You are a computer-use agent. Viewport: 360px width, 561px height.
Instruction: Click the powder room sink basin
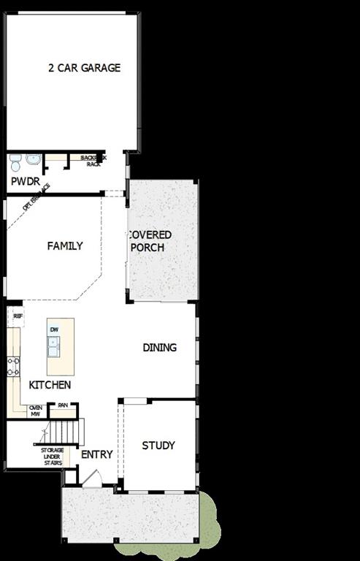(33, 159)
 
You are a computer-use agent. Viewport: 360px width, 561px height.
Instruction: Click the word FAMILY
(65, 246)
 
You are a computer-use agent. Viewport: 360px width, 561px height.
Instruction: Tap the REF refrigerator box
(18, 316)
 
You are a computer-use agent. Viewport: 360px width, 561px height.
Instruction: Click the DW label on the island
(54, 330)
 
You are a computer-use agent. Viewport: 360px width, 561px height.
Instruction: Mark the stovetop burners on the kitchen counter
(12, 365)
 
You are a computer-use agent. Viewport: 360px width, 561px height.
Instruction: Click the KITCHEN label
(50, 385)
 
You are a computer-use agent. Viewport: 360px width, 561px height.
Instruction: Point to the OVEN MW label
(35, 411)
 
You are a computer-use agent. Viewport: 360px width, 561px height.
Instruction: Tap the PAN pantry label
(63, 405)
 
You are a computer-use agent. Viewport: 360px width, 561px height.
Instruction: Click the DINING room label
(159, 348)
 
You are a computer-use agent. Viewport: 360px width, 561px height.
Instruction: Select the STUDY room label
(158, 446)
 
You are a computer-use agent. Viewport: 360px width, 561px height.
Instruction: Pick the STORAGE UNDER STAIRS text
(52, 456)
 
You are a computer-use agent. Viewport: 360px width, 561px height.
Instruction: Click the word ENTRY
(97, 454)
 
